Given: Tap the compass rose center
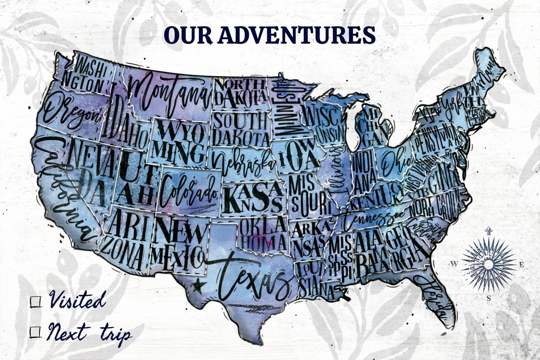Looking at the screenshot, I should click(x=488, y=264).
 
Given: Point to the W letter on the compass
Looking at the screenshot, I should click(x=454, y=264).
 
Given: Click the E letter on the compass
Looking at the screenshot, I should click(x=522, y=264).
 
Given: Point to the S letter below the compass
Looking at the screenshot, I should click(x=488, y=298).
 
